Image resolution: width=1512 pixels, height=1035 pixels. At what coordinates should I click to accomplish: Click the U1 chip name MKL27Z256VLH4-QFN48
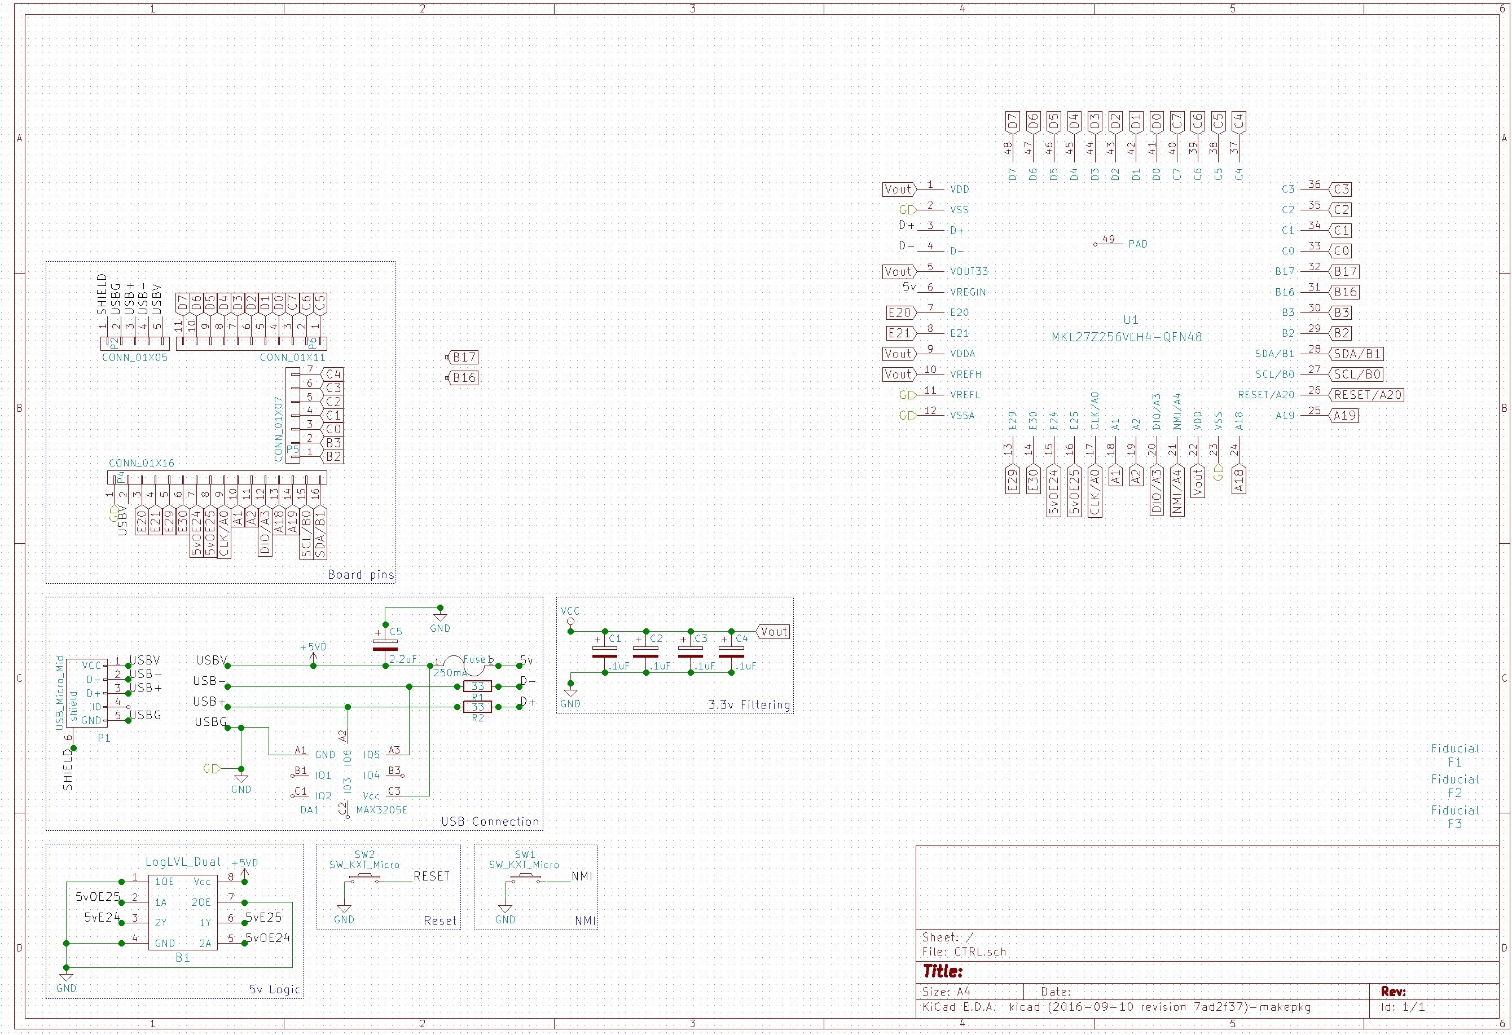coord(1126,337)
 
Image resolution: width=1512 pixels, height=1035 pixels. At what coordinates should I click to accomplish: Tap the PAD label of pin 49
coord(1138,244)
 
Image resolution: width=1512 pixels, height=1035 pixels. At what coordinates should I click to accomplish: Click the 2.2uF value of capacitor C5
coord(403,659)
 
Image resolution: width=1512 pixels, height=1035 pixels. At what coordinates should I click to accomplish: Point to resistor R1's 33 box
coord(477,686)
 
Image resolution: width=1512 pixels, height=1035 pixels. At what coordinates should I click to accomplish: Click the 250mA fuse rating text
coord(450,673)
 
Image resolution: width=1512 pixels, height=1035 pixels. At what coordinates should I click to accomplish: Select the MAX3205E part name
coord(382,810)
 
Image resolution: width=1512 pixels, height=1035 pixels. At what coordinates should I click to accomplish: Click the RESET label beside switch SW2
coord(432,877)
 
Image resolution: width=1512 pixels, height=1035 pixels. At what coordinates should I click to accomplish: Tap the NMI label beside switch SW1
coord(582,877)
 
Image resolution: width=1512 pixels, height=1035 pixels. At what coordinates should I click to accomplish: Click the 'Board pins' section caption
coord(361,574)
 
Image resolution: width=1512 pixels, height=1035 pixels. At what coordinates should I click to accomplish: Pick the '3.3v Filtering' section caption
coord(749,704)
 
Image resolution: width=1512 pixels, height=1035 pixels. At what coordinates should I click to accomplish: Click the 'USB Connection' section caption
coord(490,822)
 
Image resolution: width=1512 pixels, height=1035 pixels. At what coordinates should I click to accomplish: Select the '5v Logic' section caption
coord(275,989)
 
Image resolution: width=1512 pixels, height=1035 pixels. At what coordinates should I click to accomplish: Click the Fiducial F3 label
coord(1455,817)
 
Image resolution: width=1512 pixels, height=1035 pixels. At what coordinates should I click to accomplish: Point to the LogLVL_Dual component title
coord(183,862)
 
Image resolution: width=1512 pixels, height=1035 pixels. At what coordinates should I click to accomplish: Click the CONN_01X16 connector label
coord(141,463)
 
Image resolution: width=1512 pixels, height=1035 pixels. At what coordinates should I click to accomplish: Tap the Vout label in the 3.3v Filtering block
coord(773,632)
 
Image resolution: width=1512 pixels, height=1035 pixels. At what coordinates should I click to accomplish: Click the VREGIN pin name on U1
coord(968,292)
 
